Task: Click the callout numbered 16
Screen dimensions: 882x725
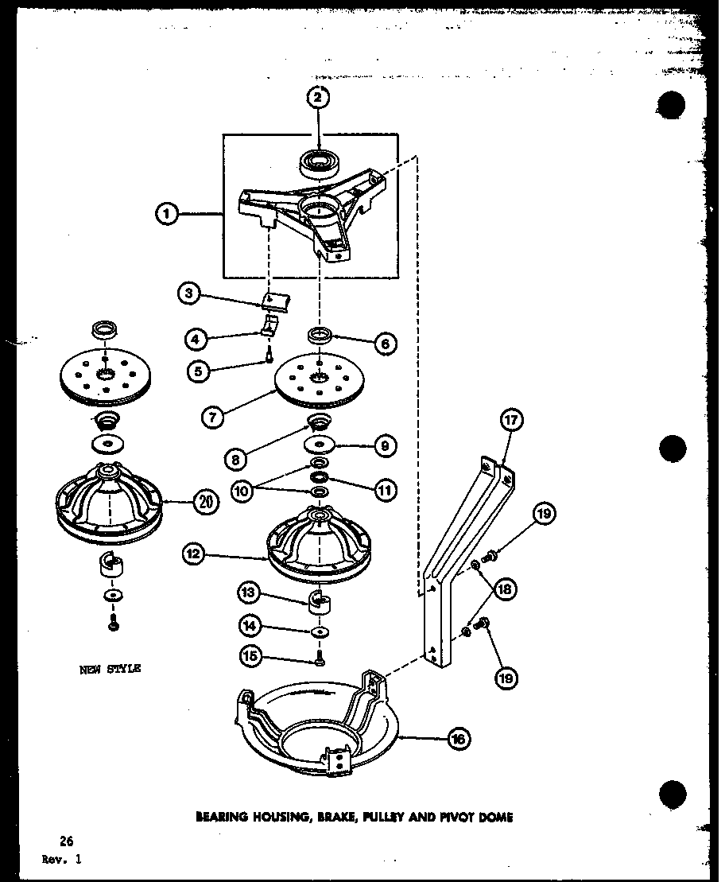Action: pyautogui.click(x=458, y=739)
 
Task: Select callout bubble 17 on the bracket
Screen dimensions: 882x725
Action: pyautogui.click(x=510, y=421)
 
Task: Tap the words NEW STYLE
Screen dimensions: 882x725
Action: pyautogui.click(x=110, y=669)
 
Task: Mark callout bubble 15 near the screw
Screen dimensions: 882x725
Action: pyautogui.click(x=249, y=655)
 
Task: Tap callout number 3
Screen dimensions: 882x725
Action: pyautogui.click(x=189, y=293)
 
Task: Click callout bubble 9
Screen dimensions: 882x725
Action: pyautogui.click(x=385, y=446)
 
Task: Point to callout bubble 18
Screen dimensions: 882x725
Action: pyautogui.click(x=504, y=589)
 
